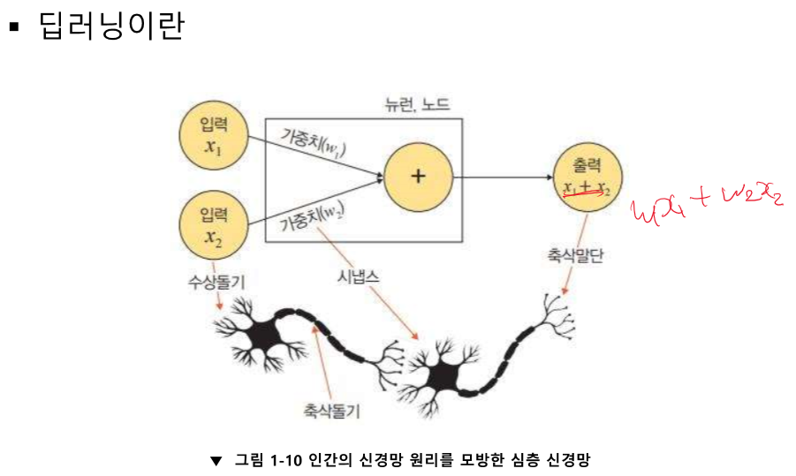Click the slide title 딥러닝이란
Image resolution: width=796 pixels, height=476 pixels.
(111, 26)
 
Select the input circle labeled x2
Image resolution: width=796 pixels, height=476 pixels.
(213, 226)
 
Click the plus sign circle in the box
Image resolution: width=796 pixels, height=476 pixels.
(418, 175)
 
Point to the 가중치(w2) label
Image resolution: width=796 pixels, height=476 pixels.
(311, 215)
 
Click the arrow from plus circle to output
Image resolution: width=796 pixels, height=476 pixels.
(501, 178)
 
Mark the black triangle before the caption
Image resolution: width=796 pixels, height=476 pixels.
(216, 460)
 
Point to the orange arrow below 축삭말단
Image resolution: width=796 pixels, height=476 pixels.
(565, 282)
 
